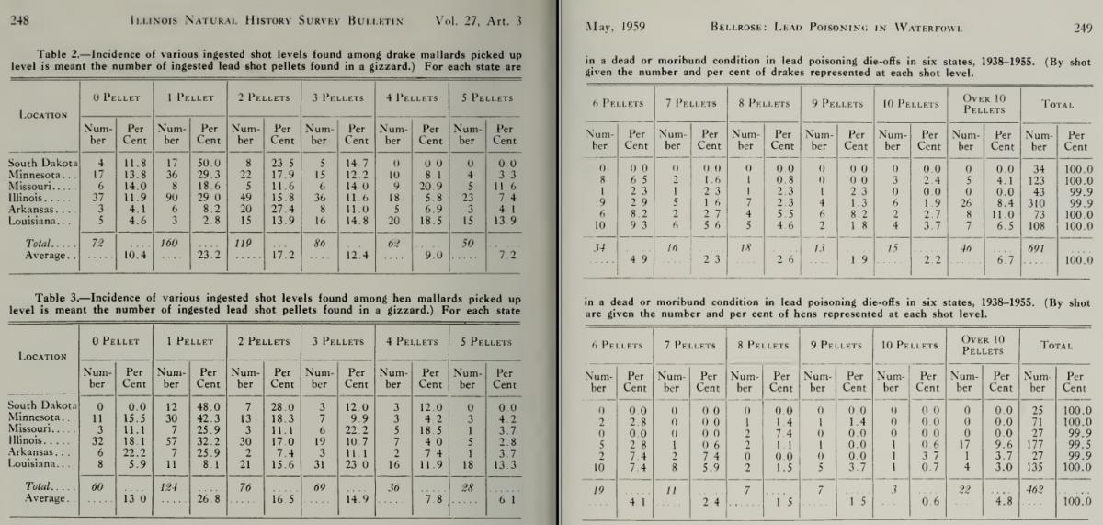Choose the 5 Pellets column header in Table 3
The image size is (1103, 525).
484,341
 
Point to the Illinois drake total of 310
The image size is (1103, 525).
1040,200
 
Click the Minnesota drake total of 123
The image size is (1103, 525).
1040,181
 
